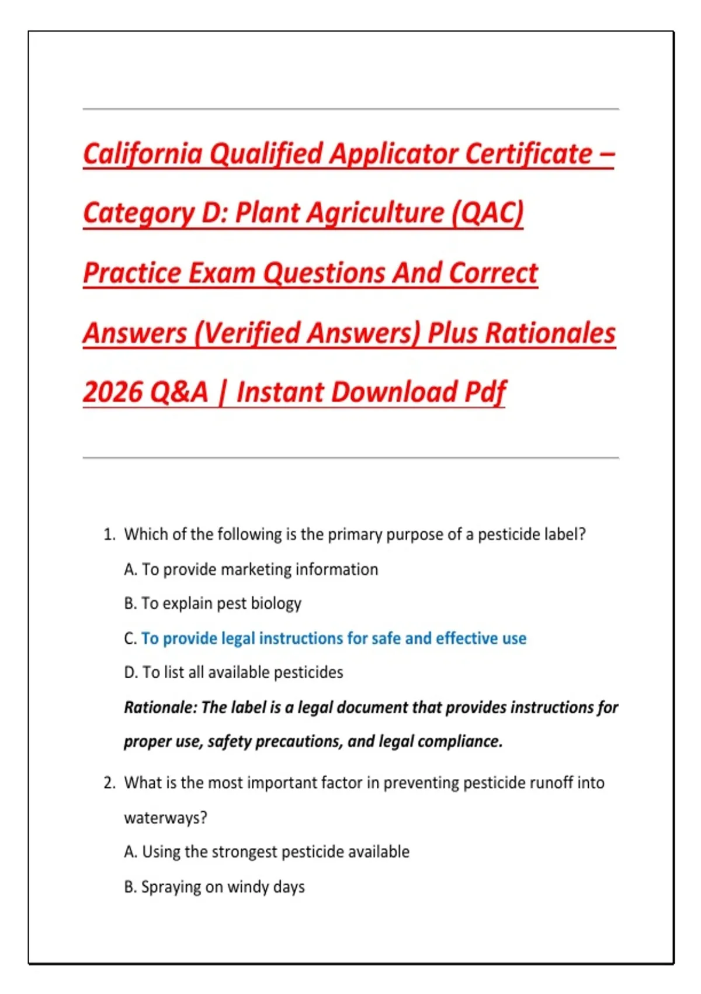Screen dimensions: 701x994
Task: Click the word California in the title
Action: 143,154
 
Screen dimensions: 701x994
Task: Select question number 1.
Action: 109,534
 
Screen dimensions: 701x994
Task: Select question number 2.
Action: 109,783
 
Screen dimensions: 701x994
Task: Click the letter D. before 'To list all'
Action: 131,673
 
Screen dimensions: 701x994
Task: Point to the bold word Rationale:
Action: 161,707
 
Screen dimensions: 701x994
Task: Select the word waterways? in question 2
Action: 165,818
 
